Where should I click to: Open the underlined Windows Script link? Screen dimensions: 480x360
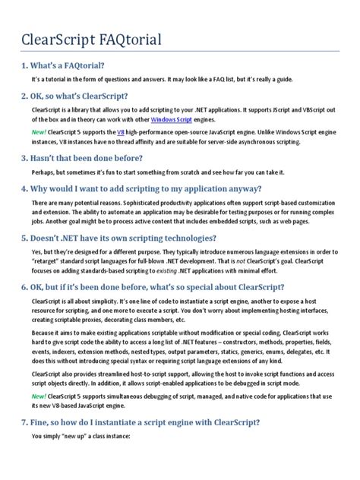[x=171, y=120]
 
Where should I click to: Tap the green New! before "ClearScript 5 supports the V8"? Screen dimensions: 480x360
[x=39, y=133]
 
